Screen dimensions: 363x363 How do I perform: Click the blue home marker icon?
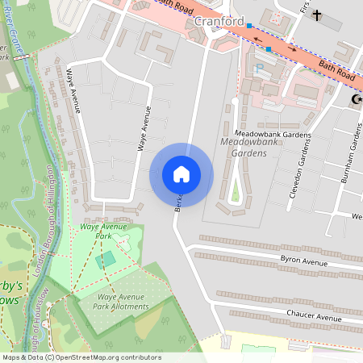pos(181,174)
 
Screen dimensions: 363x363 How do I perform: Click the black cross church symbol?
pos(317,15)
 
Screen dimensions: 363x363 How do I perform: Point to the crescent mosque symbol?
pos(356,99)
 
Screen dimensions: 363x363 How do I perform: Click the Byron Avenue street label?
pos(303,261)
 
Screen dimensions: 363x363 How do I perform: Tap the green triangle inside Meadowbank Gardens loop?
pos(235,193)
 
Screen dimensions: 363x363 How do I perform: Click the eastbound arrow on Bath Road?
pos(294,49)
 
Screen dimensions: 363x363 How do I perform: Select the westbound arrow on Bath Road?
pos(258,39)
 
